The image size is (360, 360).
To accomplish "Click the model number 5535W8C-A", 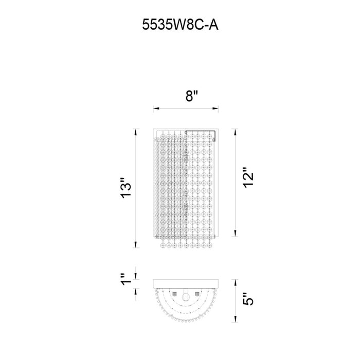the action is tap(180, 25).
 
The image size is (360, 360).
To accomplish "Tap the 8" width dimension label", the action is tap(192, 96).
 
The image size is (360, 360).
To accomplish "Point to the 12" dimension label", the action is tap(248, 177).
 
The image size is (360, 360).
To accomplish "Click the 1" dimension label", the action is tap(125, 279).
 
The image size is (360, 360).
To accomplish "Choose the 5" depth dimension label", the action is tap(248, 299).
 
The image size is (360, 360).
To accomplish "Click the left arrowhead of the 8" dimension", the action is tap(156, 108).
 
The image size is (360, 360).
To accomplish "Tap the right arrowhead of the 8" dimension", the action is tap(215, 108).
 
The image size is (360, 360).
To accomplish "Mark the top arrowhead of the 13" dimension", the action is tap(136, 132).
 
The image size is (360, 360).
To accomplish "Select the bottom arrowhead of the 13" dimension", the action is tap(136, 244).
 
